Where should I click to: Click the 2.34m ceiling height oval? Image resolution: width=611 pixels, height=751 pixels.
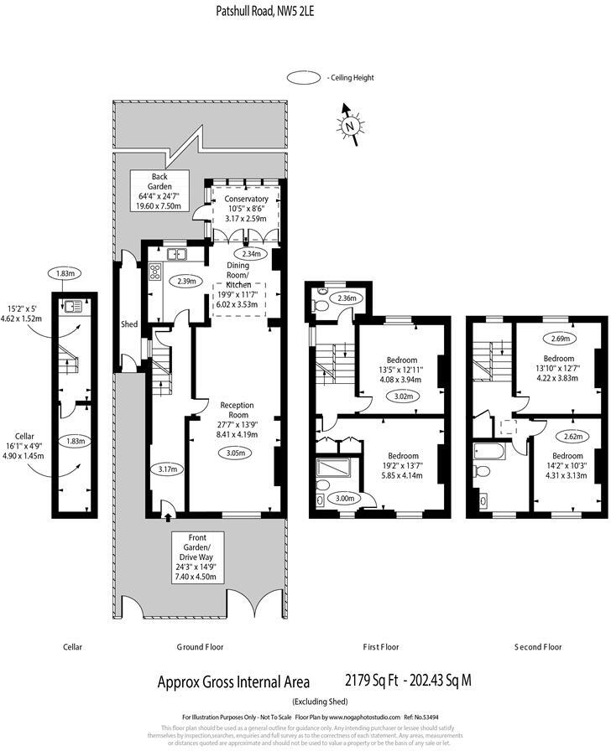pyautogui.click(x=250, y=254)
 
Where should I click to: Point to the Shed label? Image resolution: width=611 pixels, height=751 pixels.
pyautogui.click(x=128, y=324)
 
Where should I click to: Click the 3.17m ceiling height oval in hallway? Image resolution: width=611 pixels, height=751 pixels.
pyautogui.click(x=168, y=469)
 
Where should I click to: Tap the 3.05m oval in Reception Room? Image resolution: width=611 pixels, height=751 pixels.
pyautogui.click(x=236, y=453)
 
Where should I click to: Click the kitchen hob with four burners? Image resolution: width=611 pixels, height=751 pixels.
pyautogui.click(x=154, y=271)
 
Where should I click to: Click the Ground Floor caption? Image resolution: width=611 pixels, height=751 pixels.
pyautogui.click(x=200, y=647)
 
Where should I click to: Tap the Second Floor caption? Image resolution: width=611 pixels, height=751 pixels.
pyautogui.click(x=537, y=647)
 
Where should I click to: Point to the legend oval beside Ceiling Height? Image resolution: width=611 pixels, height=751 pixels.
pyautogui.click(x=304, y=78)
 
